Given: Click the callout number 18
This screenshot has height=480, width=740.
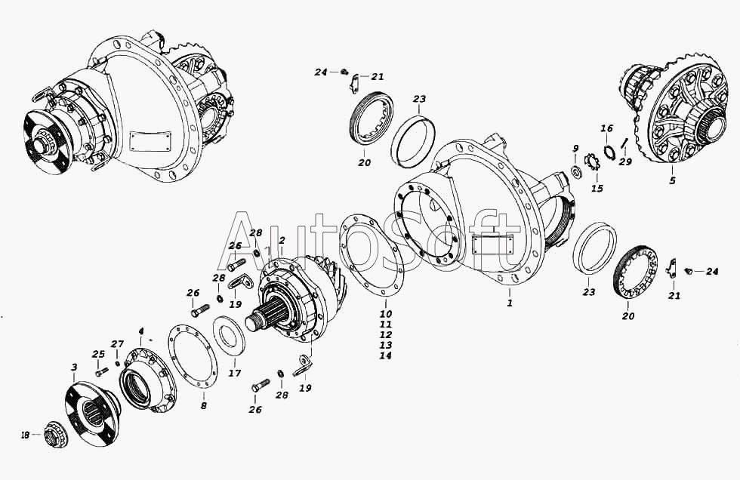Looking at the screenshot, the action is (x=25, y=435).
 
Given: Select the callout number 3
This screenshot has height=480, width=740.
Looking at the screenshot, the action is (x=74, y=368).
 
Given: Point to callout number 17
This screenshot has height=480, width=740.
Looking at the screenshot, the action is (x=235, y=373).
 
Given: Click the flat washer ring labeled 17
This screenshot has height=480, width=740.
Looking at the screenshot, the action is (x=229, y=336).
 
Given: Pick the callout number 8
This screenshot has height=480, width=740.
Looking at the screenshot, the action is (x=204, y=405).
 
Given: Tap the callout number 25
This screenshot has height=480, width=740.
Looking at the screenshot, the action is (x=98, y=354).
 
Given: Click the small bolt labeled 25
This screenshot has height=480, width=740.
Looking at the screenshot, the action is (x=101, y=372).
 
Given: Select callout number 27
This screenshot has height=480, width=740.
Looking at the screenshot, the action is (x=117, y=343).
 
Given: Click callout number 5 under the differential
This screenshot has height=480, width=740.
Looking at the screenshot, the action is (x=673, y=180).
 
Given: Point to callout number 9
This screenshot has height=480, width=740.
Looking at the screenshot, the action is (x=575, y=149).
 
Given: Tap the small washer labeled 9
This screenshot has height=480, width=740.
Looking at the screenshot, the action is (x=575, y=171).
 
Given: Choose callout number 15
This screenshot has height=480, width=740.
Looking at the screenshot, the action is (x=597, y=189).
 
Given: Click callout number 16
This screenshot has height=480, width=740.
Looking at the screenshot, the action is (x=606, y=128).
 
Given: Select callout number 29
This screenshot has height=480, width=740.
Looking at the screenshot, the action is (x=625, y=162).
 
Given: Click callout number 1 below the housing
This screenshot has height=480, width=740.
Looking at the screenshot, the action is (x=510, y=303).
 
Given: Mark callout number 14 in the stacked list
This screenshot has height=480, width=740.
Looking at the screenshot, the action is (x=386, y=355).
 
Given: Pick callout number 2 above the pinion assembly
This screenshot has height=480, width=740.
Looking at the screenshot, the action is (x=282, y=240).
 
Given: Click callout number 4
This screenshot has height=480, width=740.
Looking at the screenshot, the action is (x=140, y=331).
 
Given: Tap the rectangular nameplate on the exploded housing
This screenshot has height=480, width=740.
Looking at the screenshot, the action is (x=492, y=245).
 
